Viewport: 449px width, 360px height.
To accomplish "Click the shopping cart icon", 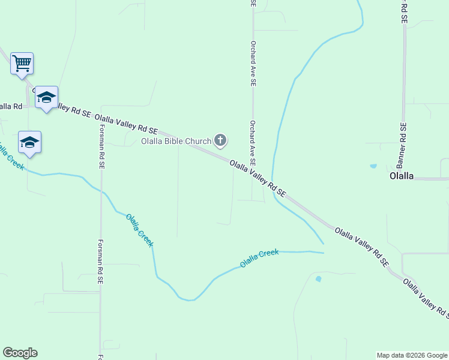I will click(x=22, y=62).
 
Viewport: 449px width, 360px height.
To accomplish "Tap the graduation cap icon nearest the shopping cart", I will click(x=46, y=97).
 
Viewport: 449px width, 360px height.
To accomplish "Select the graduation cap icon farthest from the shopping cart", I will click(x=29, y=142).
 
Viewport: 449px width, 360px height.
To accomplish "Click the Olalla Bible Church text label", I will click(x=176, y=142).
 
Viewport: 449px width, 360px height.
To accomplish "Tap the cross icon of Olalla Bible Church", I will click(x=220, y=141).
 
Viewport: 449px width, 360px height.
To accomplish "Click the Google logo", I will click(x=20, y=353).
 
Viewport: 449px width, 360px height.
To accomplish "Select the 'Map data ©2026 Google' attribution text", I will click(x=412, y=355).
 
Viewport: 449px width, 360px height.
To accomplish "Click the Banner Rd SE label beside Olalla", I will click(x=402, y=146).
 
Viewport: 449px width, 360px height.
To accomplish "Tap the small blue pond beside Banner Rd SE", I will click(x=373, y=166).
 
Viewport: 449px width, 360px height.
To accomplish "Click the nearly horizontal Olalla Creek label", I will click(x=259, y=258).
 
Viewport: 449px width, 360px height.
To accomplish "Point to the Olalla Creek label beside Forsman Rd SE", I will click(x=140, y=230).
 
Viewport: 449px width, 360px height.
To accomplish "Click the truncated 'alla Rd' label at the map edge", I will click(x=11, y=106).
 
